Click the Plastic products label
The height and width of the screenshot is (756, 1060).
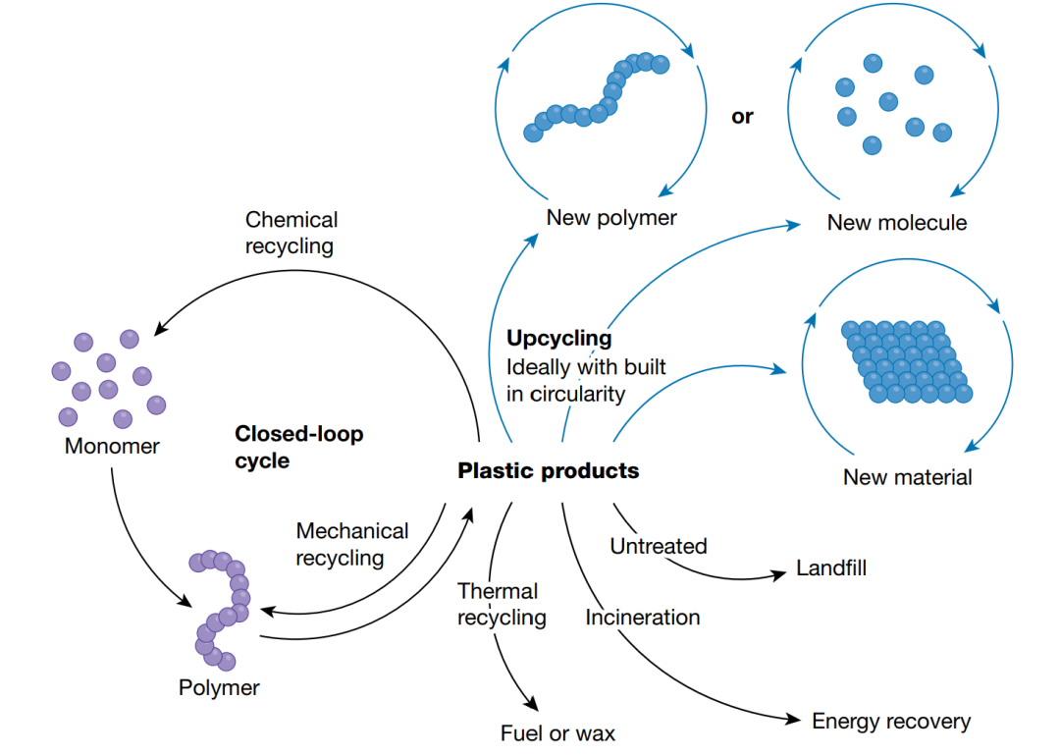pyautogui.click(x=548, y=470)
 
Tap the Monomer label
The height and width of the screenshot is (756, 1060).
pyautogui.click(x=112, y=446)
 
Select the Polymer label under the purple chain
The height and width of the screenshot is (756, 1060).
pyautogui.click(x=219, y=687)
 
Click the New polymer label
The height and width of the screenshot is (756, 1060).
pyautogui.click(x=611, y=217)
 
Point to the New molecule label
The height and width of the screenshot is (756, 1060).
pyautogui.click(x=896, y=222)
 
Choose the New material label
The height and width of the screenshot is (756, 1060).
pyautogui.click(x=907, y=477)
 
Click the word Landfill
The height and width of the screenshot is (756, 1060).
pyautogui.click(x=831, y=568)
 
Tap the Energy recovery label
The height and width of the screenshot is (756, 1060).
pyautogui.click(x=890, y=722)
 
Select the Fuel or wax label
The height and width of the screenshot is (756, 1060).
pyautogui.click(x=557, y=732)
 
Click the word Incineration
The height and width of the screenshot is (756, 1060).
pyautogui.click(x=643, y=618)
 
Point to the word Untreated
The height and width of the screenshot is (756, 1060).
pyautogui.click(x=658, y=546)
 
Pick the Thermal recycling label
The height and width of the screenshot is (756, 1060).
pyautogui.click(x=501, y=604)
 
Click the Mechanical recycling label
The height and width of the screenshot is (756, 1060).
pyautogui.click(x=351, y=544)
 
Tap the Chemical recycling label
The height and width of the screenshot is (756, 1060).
pyautogui.click(x=291, y=233)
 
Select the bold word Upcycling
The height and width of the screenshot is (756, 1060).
pyautogui.click(x=558, y=339)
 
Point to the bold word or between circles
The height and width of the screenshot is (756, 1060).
pyautogui.click(x=742, y=117)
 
